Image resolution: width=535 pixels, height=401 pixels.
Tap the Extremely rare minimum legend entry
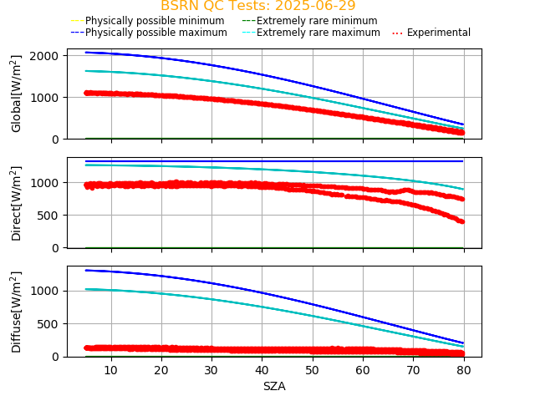(317, 20)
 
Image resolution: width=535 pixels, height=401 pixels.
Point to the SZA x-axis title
(274, 386)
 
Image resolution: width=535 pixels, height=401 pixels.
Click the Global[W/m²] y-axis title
(17, 94)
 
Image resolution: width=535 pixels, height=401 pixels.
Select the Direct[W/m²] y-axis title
(17, 203)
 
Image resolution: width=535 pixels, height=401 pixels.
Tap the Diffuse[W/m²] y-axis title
(17, 312)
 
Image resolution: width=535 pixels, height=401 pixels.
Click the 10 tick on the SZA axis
(111, 369)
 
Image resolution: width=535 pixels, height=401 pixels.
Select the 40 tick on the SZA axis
(262, 369)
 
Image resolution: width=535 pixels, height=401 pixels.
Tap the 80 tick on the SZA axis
(463, 369)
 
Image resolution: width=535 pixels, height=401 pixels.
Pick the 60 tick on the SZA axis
(363, 369)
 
